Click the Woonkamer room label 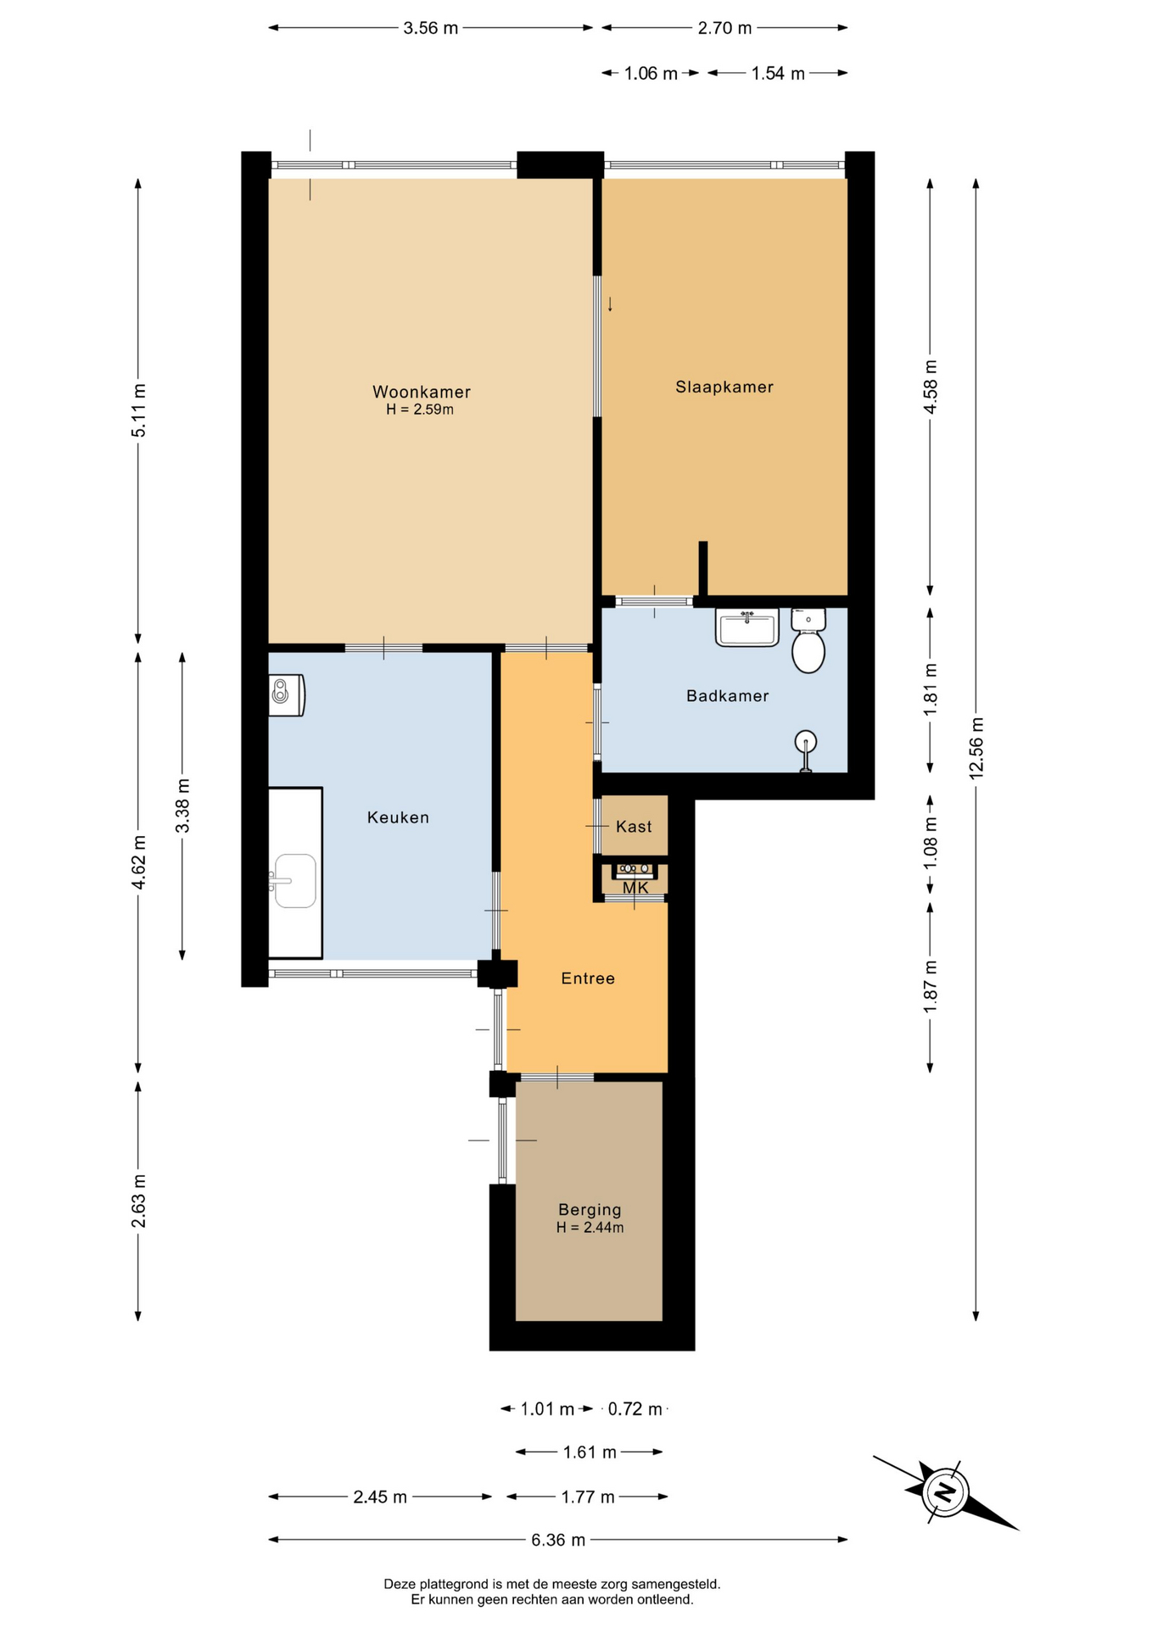[421, 392]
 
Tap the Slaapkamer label [724, 387]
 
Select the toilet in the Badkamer [808, 640]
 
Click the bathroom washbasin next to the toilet [747, 627]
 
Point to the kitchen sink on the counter [293, 881]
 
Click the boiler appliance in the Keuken [287, 695]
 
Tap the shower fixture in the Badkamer [806, 750]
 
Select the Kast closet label [634, 827]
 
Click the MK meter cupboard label [635, 888]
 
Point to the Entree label [588, 978]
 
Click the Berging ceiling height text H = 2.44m [590, 1227]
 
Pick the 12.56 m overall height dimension [976, 748]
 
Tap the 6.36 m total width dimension [558, 1540]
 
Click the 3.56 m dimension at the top [431, 28]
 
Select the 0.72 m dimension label [635, 1409]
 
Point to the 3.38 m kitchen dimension [182, 805]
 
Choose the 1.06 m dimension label [651, 74]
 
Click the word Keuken [398, 817]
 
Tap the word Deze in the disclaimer [399, 1584]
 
